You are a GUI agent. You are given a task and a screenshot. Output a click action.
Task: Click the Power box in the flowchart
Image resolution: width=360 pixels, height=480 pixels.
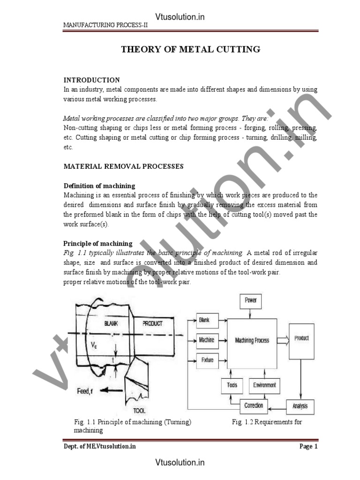click(x=251, y=300)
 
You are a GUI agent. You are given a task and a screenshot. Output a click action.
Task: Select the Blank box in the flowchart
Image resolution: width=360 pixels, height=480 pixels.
click(x=204, y=321)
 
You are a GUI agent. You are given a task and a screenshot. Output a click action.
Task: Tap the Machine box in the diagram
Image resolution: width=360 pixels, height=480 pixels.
click(x=206, y=340)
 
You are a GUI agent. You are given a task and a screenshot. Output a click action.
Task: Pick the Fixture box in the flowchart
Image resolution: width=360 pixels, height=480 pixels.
click(x=207, y=360)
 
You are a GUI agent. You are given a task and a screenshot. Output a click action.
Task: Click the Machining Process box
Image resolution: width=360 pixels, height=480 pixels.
click(x=252, y=340)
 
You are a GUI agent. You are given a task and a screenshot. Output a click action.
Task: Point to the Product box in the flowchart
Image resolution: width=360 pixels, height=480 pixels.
click(x=301, y=338)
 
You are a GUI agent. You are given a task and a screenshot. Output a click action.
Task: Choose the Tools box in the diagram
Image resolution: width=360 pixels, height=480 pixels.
click(x=232, y=385)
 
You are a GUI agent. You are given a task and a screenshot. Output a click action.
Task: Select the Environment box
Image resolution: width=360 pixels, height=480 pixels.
click(x=264, y=385)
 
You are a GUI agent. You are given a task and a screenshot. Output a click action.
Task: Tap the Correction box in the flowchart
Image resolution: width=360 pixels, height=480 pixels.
click(x=254, y=405)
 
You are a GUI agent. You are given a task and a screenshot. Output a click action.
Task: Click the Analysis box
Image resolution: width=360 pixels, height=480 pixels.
click(x=300, y=406)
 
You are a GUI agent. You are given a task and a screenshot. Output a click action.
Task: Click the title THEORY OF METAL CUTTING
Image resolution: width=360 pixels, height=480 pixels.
click(x=191, y=49)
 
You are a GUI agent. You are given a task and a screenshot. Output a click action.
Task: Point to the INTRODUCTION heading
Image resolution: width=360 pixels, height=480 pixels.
click(x=91, y=80)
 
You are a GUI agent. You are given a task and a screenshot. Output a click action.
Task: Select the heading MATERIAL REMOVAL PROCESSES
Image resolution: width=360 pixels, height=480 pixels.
click(x=123, y=166)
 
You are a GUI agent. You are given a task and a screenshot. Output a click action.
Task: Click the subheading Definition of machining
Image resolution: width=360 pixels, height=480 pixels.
click(x=99, y=186)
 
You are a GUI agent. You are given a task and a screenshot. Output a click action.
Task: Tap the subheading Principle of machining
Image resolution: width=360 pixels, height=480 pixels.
click(x=98, y=244)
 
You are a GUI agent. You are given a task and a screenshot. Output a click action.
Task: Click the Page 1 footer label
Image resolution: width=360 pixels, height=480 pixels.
click(x=308, y=446)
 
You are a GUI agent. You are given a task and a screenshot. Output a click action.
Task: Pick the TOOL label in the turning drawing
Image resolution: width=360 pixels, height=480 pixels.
click(x=139, y=411)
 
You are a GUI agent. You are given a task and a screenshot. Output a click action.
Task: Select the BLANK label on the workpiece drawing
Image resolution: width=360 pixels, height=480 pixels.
click(x=112, y=323)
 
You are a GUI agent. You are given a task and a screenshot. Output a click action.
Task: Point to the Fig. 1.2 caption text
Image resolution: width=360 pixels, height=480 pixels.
click(x=267, y=422)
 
